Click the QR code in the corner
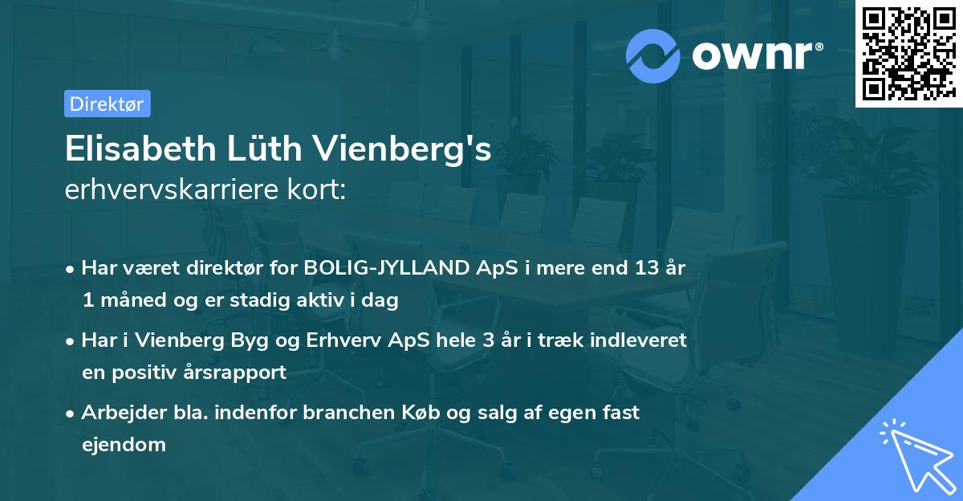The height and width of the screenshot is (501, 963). [x=908, y=53]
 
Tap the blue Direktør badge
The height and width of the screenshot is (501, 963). [x=107, y=104]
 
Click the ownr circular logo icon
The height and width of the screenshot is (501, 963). [x=653, y=55]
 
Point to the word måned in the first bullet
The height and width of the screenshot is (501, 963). [x=132, y=301]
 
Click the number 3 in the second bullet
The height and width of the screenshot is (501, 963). [x=487, y=340]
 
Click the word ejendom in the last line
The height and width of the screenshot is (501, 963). [x=123, y=444]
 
